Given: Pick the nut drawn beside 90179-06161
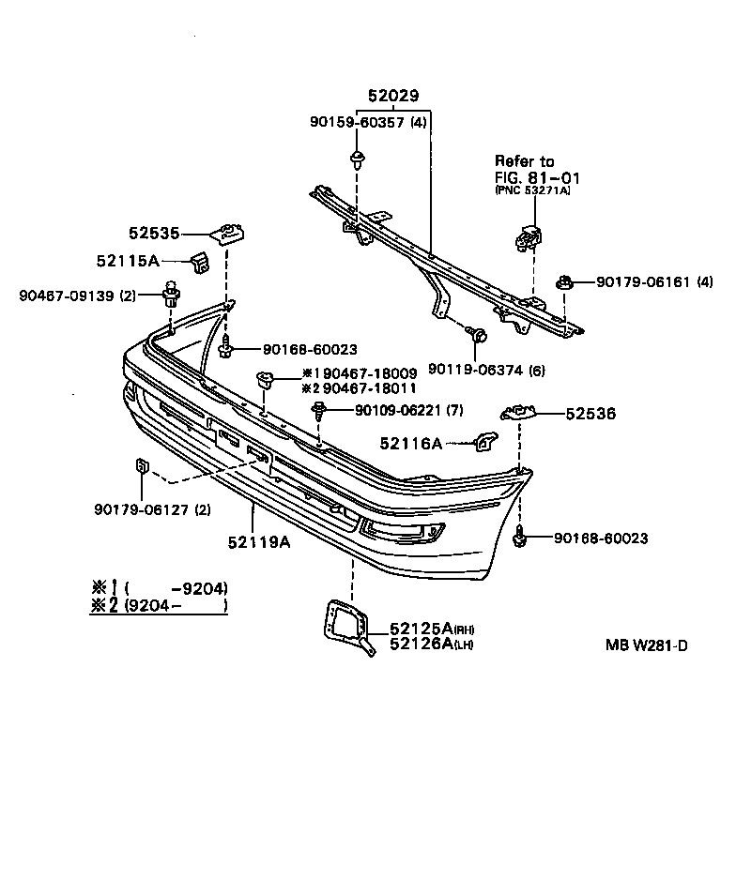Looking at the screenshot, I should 565,281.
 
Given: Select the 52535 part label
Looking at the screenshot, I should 154,233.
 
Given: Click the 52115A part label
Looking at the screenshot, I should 128,263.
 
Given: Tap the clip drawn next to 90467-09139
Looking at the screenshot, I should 172,294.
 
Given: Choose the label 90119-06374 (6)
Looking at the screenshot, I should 485,369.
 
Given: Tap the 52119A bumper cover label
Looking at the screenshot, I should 259,541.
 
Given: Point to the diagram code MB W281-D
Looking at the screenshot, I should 646,645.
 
